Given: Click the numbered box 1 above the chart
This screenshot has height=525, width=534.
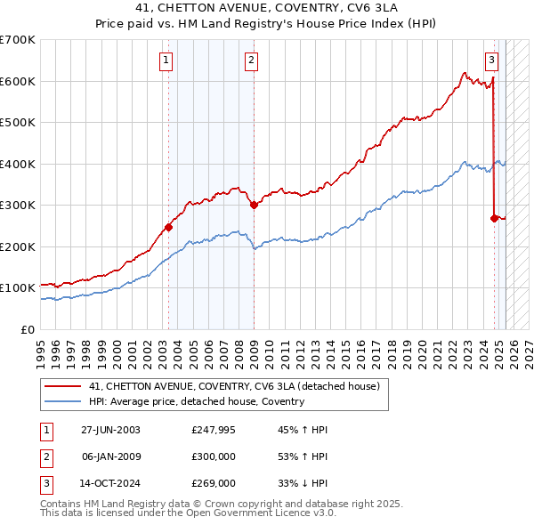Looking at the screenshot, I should click(167, 61).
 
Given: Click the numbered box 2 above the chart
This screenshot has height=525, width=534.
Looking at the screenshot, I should click(252, 61).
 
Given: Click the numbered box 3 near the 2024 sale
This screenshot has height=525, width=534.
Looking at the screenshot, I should click(491, 61).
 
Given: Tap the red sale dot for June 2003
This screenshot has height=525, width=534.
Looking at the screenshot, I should click(168, 227).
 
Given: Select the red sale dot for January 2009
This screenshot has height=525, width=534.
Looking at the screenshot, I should click(254, 205).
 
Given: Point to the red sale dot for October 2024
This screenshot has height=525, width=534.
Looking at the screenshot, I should click(495, 217).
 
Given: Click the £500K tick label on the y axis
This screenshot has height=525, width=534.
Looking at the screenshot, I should click(18, 123).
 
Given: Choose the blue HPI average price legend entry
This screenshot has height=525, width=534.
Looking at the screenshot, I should click(197, 401).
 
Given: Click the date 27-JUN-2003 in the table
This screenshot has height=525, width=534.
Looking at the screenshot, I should click(110, 430).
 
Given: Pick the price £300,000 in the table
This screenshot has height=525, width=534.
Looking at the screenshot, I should click(214, 456).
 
